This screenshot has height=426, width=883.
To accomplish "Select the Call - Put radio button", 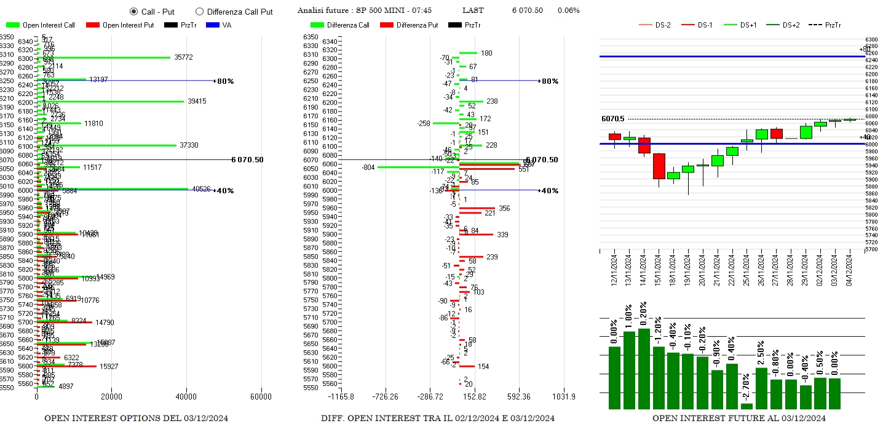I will coord(133,11).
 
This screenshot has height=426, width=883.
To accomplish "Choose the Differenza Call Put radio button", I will coord(199,11).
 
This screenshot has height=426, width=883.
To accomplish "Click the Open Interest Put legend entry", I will coord(120,25).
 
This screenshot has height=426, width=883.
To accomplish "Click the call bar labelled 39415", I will coord(111,102).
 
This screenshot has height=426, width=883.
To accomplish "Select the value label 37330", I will coord(189,145).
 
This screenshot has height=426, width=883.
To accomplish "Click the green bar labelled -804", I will coord(418,167).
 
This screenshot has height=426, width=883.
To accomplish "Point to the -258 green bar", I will coord(446,123).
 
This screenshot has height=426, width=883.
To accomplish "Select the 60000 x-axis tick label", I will coord(261,396).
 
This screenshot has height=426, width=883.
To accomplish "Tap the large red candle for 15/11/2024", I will coord(659,166).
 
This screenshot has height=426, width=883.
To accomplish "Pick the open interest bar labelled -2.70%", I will coord(747,406).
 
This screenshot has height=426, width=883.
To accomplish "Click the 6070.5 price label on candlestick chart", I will coord(613,119).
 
